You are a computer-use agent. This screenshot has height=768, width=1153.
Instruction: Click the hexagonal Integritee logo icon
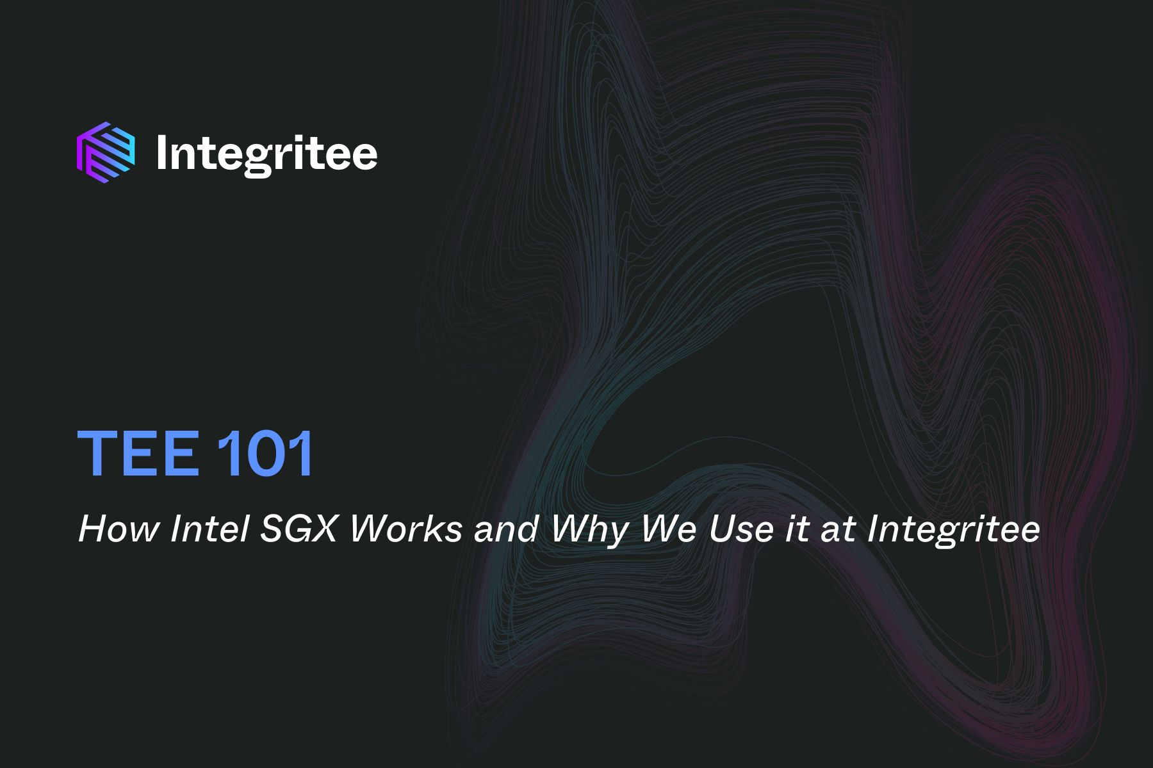click(106, 152)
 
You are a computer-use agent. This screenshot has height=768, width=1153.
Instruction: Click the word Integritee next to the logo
click(266, 154)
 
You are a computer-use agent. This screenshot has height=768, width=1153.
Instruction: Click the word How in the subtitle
click(119, 530)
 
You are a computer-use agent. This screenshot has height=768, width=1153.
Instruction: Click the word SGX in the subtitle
click(298, 530)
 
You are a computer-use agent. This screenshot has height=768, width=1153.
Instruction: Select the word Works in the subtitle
click(406, 530)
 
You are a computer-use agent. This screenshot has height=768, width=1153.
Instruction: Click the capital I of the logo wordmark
click(161, 152)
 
